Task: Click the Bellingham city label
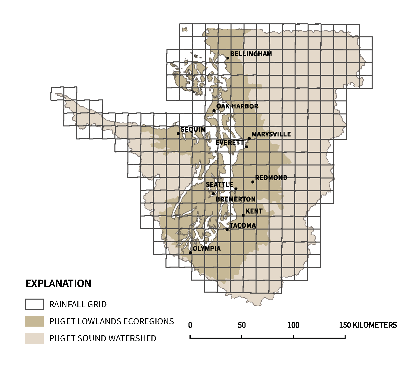pos(251,54)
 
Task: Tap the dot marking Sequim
pos(178,133)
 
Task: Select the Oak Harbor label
pos(237,106)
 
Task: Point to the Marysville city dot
pos(249,138)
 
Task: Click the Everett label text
pos(230,142)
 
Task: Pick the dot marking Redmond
pos(253,182)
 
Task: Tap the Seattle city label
pos(219,185)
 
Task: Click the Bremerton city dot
pos(213,194)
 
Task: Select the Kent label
pos(254,211)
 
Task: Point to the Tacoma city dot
pos(227,230)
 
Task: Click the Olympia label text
pos(206,249)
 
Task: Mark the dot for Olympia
pos(190,253)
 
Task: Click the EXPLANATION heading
pos(58,284)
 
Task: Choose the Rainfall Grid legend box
pos(34,304)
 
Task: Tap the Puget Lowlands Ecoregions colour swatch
pos(34,321)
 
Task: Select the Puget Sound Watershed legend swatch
pos(34,338)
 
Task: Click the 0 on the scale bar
pos(190,325)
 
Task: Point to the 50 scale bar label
pos(242,325)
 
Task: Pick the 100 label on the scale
pos(293,325)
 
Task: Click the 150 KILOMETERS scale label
pos(368,325)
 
